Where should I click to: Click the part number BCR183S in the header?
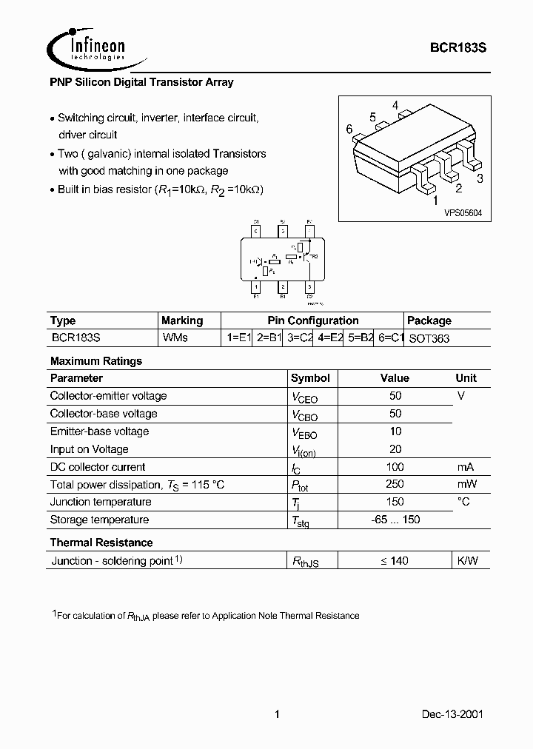(458, 47)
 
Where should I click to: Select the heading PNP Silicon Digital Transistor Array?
(141, 82)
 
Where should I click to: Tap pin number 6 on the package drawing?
(349, 129)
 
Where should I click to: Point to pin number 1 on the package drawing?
(435, 200)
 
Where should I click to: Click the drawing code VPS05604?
(463, 212)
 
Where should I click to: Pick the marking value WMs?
(175, 338)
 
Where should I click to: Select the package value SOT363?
(429, 338)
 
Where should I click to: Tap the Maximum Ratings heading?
(95, 361)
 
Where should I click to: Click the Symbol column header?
(310, 378)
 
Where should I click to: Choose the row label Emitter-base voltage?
(99, 431)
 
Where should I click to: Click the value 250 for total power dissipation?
(395, 484)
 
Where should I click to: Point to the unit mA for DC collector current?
(465, 466)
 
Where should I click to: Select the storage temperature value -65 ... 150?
(395, 520)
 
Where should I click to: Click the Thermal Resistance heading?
(101, 543)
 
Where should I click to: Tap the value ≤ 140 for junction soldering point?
(395, 561)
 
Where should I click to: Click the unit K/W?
(467, 561)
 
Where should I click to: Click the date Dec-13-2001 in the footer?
(454, 715)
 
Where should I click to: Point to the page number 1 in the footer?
(276, 715)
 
